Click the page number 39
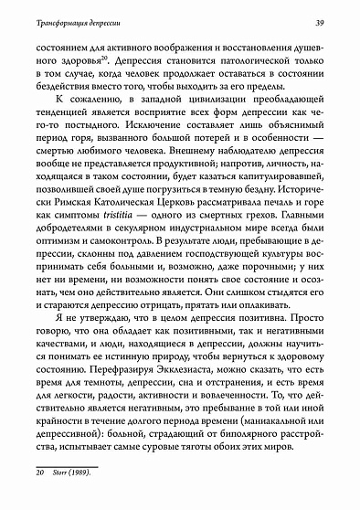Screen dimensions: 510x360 tap(334, 21)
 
